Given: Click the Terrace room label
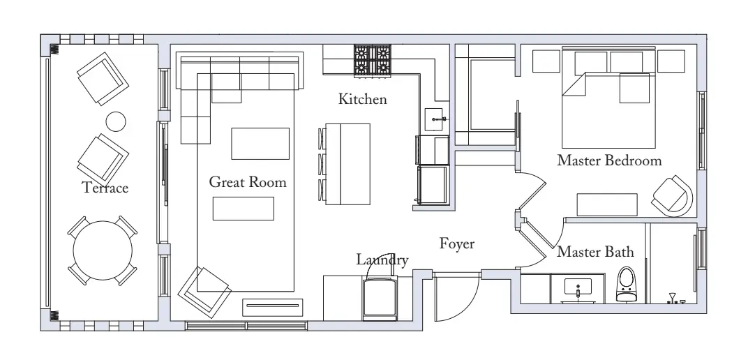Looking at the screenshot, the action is (x=105, y=188).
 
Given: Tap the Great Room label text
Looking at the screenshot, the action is (x=248, y=181).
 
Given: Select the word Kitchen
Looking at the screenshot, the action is (x=363, y=98).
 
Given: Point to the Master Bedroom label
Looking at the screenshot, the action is (x=609, y=160).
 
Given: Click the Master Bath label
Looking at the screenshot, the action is (x=595, y=251).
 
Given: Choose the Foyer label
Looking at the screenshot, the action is (x=457, y=243).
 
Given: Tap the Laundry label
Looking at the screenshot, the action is (x=382, y=260).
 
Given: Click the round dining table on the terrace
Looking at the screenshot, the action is (x=103, y=250).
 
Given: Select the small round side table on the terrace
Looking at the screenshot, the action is (x=115, y=121).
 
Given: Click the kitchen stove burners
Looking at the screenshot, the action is (x=372, y=61).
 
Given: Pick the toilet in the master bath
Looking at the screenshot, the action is (x=627, y=284).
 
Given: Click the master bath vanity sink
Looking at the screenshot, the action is (x=578, y=288).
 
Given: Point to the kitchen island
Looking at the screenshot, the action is (x=347, y=164).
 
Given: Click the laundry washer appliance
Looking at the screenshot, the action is (x=380, y=299).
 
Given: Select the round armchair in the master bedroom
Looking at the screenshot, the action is (x=673, y=195).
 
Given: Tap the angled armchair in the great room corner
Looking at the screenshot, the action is (x=204, y=292).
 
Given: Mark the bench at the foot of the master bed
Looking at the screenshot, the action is (x=607, y=204).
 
